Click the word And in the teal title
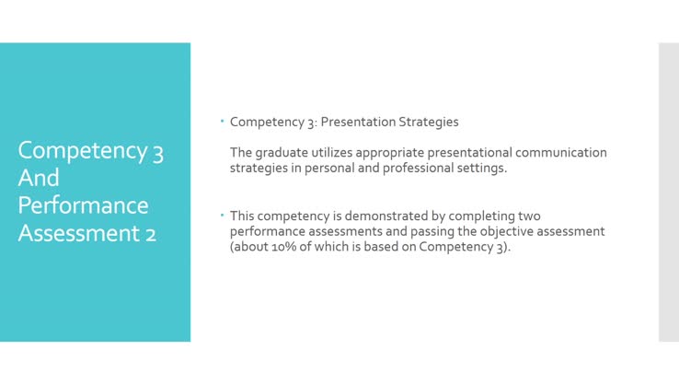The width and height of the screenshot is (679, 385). coord(39,177)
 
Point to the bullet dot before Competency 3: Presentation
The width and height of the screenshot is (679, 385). coord(223,122)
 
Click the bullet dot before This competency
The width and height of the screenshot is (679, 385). coord(223,215)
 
